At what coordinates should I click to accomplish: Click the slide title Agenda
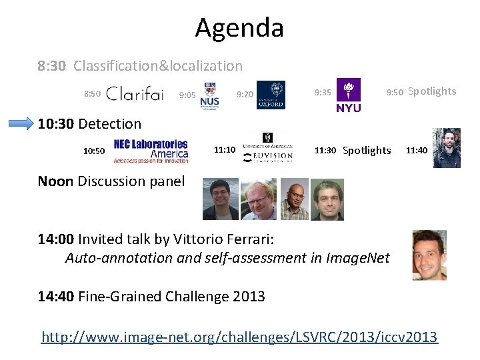pos(239,28)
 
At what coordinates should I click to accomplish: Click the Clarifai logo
pos(135,94)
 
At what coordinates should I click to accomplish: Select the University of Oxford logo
pos(271,95)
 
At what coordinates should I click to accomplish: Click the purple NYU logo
pos(349,95)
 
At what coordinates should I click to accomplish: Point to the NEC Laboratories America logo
pos(151,151)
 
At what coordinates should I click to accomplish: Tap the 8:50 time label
pos(92,94)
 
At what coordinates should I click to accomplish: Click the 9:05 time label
pos(187,95)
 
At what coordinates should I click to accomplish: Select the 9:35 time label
pos(323,93)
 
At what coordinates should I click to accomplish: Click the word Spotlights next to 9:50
pos(432,91)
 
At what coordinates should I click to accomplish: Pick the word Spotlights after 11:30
pos(367,151)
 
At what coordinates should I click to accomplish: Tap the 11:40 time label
pos(417,151)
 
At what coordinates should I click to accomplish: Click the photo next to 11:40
pos(447,148)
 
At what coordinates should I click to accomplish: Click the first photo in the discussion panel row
pos(220,199)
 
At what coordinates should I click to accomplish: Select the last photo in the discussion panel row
pos(327,199)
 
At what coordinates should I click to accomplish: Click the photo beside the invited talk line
pos(429,255)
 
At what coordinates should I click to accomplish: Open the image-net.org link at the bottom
pos(239,337)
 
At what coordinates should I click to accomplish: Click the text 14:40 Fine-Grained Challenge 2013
pos(151,297)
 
